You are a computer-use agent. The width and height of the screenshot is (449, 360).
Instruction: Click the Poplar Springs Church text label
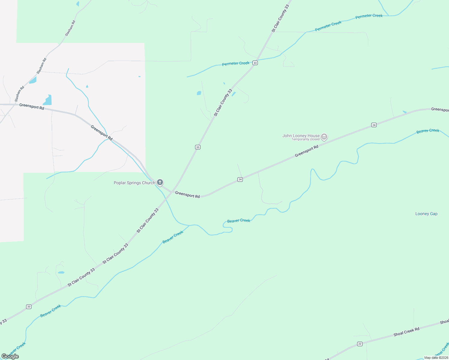134,183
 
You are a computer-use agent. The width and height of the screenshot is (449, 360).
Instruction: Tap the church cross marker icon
160,182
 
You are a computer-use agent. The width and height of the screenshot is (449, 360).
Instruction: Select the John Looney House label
301,136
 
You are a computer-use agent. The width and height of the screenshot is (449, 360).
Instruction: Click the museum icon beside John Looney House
324,137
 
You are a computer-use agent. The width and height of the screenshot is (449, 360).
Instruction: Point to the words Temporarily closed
305,139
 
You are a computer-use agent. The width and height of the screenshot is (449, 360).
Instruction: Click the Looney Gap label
426,214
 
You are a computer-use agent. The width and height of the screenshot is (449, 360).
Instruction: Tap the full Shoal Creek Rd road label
406,332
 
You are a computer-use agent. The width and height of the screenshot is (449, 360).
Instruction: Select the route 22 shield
360,344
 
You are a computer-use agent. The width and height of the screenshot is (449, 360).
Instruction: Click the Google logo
10,356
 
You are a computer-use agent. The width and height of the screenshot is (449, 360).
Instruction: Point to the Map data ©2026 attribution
436,358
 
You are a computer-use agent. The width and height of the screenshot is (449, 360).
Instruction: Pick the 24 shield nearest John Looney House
374,125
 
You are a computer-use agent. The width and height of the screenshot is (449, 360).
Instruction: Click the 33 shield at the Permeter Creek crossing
255,63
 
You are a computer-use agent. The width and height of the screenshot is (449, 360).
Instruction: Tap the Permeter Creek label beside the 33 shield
236,64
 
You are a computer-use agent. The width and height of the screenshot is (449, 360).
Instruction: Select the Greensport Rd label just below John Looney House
306,151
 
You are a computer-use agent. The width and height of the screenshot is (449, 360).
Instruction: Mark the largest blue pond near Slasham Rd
48,100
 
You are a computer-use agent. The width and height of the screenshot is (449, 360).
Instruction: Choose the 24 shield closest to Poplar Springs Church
240,179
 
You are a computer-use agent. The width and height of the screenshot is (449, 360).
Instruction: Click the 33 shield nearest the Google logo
29,307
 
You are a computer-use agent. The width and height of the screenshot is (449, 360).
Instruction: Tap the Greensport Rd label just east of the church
187,194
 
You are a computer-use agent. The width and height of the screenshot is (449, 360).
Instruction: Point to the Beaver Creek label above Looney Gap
428,131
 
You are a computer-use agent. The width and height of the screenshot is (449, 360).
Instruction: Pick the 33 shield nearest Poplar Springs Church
197,147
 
